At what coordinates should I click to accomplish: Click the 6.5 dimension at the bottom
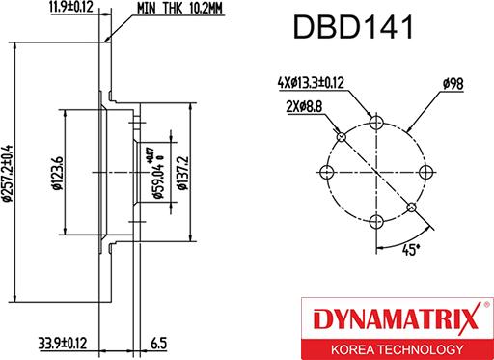(159, 343)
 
